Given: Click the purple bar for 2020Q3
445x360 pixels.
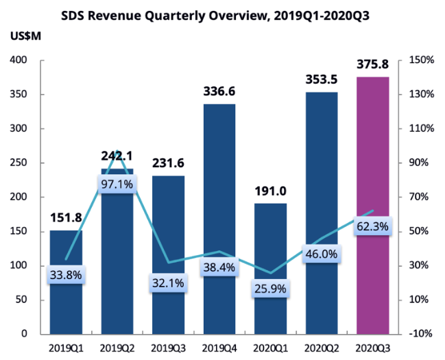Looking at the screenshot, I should click(x=373, y=206).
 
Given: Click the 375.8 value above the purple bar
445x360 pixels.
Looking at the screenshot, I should click(x=373, y=65).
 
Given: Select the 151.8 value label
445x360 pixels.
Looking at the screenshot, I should click(x=66, y=219).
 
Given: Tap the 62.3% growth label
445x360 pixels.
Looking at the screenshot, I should click(x=373, y=226).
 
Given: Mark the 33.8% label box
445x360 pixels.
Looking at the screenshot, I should click(x=66, y=276).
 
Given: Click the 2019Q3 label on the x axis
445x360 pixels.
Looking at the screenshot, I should click(x=168, y=348).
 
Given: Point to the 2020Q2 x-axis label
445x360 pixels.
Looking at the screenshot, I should click(x=322, y=348).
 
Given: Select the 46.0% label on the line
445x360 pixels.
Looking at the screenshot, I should click(x=322, y=254).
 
